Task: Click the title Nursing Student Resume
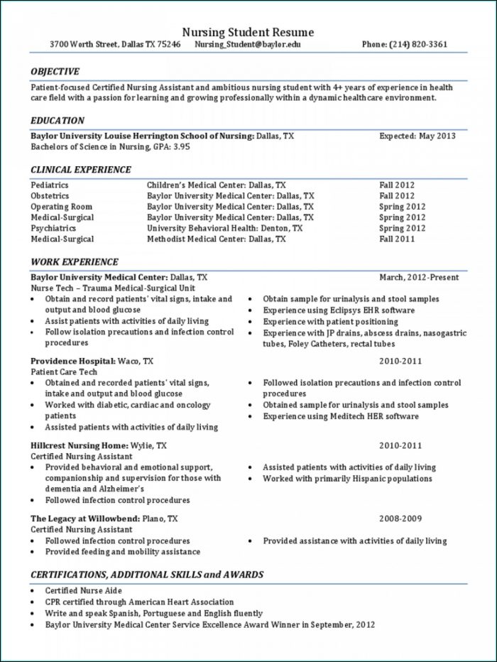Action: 248,33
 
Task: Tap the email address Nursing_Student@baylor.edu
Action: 248,44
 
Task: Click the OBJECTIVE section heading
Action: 55,71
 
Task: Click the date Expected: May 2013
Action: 417,136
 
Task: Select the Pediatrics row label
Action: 50,185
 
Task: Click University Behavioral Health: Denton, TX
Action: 224,229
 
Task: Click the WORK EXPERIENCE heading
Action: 74,262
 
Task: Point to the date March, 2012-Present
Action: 419,277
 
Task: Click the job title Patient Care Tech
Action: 64,371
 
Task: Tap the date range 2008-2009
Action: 400,519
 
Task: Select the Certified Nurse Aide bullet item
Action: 83,590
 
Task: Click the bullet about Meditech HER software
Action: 341,416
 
